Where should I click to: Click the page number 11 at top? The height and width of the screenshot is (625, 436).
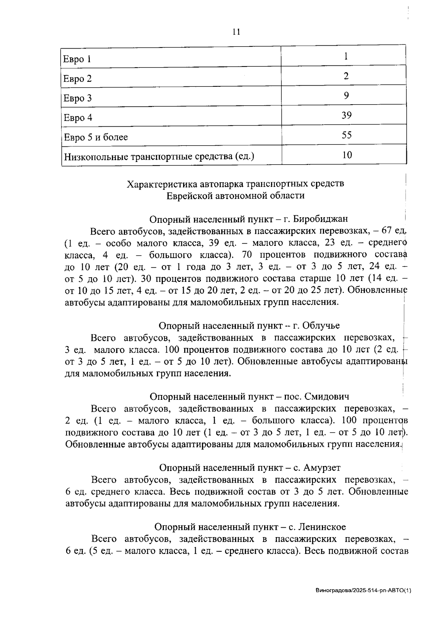(x=236, y=32)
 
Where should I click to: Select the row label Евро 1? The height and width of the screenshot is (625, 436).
(x=77, y=59)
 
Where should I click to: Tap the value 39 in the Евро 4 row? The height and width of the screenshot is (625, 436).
(x=346, y=115)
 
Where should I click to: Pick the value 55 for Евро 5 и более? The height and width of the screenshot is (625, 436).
(x=346, y=135)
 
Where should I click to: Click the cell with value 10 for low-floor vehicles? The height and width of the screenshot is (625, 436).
(x=347, y=155)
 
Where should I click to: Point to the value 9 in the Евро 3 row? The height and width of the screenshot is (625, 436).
(x=346, y=96)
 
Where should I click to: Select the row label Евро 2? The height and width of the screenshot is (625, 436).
(x=77, y=79)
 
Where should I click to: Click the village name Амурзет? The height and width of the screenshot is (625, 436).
(x=322, y=467)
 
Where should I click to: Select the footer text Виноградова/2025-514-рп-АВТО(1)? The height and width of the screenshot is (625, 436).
(x=363, y=591)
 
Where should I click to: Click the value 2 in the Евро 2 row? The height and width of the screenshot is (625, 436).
(x=346, y=76)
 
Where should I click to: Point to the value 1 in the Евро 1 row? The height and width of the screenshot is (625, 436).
(x=346, y=56)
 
